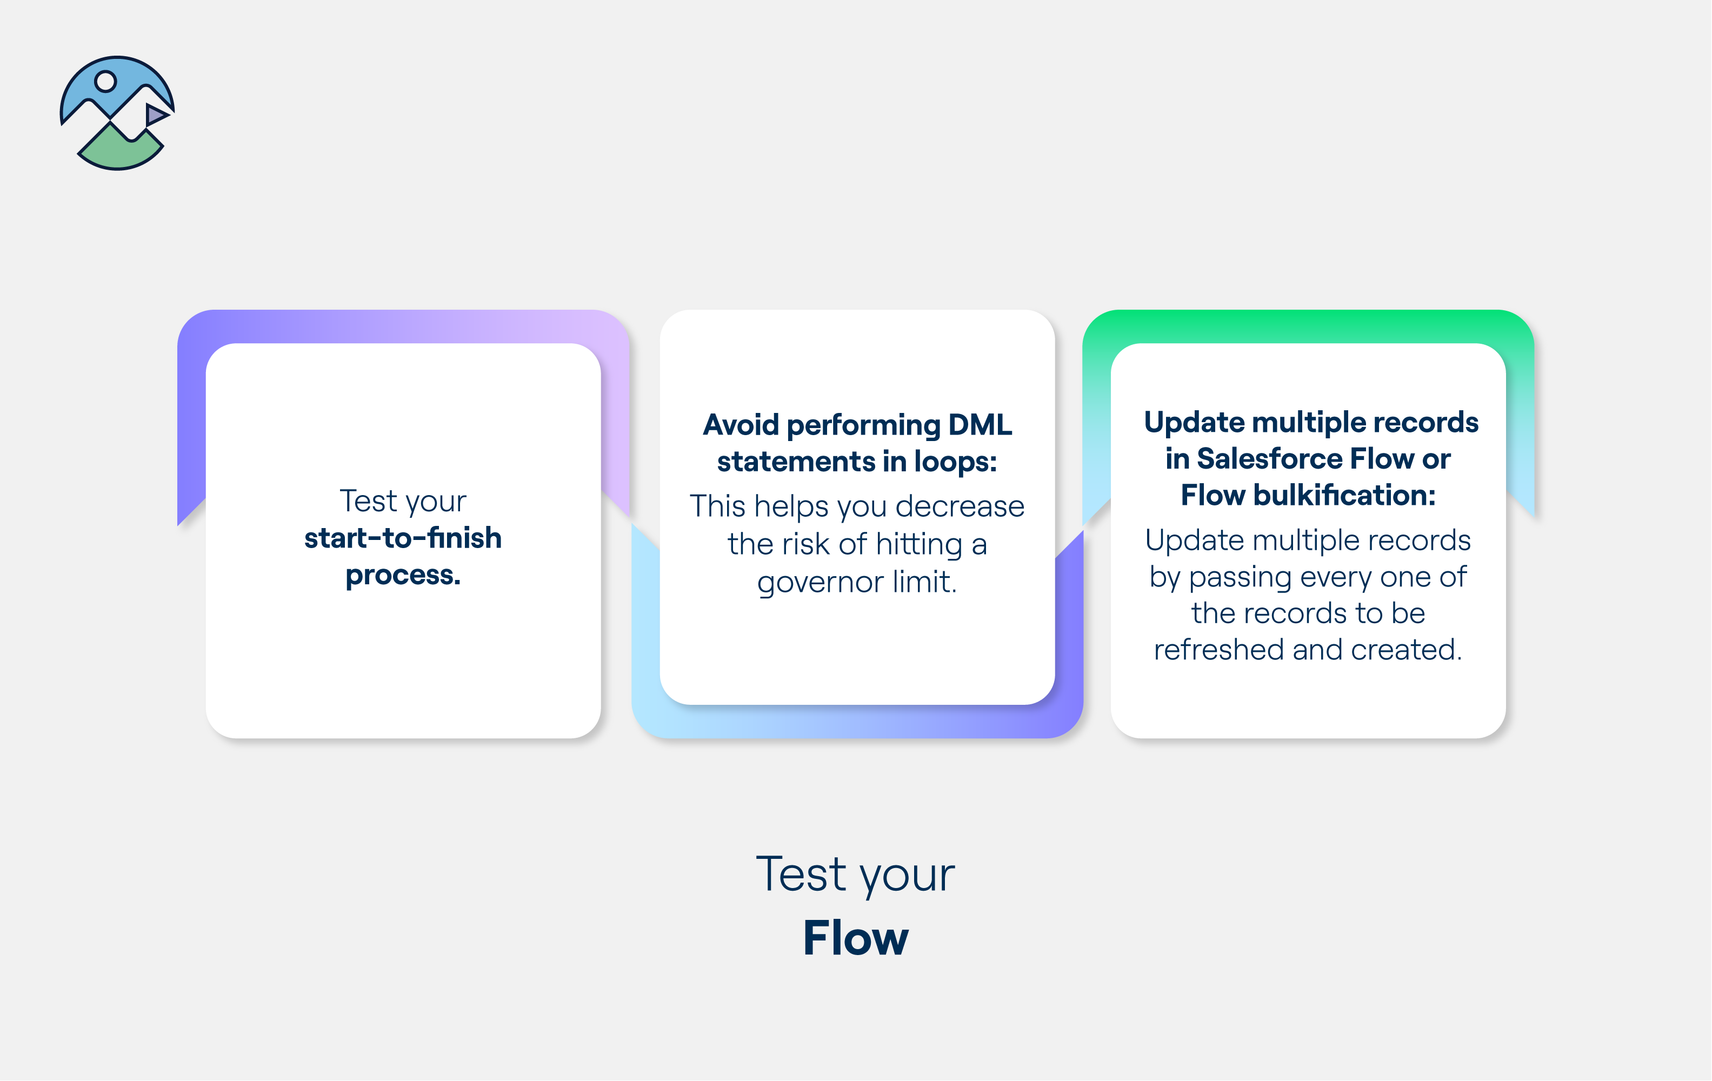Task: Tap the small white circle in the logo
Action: coord(106,82)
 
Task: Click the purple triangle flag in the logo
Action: coord(156,115)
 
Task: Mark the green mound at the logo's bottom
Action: coord(119,151)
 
